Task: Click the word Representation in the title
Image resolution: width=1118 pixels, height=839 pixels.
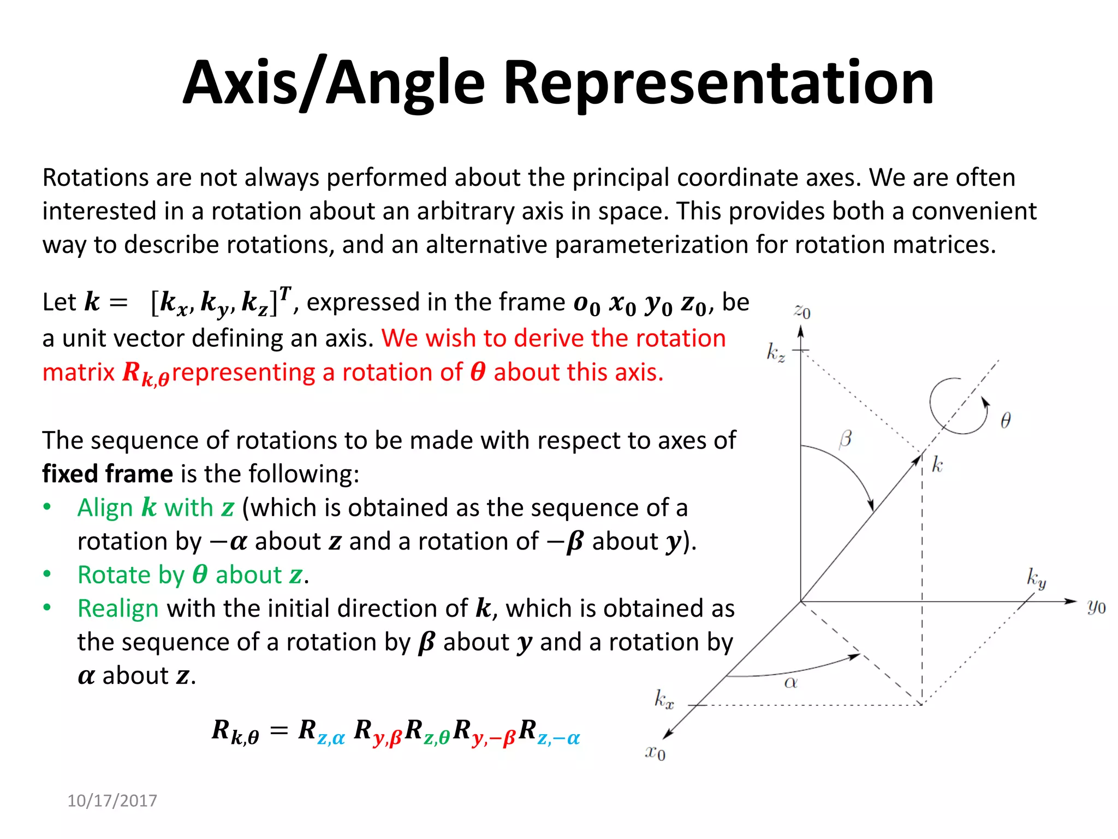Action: (718, 83)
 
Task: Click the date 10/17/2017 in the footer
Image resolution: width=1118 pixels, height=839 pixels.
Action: (112, 801)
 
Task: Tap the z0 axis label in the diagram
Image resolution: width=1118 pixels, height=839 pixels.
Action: (802, 311)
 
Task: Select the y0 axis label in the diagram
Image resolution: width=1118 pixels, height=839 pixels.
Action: (1096, 606)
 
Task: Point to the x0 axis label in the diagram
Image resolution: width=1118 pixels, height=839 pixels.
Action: (655, 752)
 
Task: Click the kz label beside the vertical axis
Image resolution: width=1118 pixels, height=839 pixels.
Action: (776, 352)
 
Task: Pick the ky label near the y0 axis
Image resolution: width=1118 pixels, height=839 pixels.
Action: (1036, 577)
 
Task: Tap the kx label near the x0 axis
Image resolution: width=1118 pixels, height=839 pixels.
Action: (664, 699)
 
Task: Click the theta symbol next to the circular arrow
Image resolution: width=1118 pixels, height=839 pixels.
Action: (1006, 420)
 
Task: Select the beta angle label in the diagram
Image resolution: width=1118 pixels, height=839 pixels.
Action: (845, 439)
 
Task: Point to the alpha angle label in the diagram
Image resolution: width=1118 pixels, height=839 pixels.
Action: (790, 682)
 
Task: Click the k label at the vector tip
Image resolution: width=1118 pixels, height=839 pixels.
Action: (937, 465)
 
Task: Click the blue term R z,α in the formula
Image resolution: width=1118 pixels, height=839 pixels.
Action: (322, 732)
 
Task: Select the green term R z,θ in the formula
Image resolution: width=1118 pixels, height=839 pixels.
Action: (427, 732)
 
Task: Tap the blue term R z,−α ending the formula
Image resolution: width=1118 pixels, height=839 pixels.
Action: (549, 732)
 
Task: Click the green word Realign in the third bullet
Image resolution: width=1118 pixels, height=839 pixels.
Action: (118, 608)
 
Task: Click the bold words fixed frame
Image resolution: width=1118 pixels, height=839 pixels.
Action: (108, 474)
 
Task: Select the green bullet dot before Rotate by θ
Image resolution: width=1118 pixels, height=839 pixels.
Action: (47, 574)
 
